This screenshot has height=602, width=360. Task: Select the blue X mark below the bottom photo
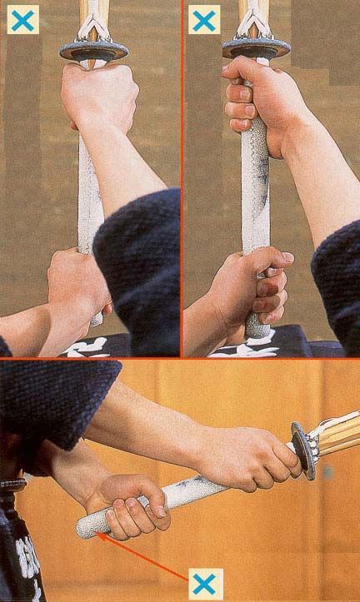pos(204,583)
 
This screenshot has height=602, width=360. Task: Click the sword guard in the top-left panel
pos(93,52)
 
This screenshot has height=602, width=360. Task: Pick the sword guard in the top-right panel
pos(256,48)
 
